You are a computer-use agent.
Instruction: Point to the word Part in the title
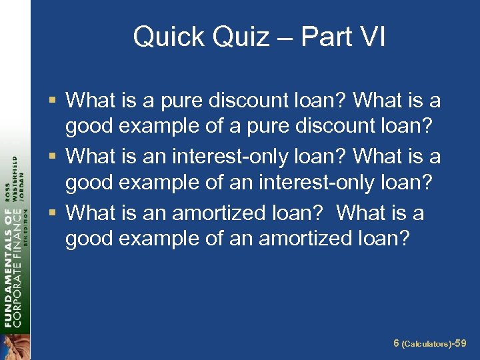tap(325, 37)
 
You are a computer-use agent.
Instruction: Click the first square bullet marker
tap(54, 101)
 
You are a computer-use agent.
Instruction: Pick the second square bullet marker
tap(54, 157)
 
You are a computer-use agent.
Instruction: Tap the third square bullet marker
tap(54, 213)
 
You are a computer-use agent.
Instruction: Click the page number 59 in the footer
tap(461, 343)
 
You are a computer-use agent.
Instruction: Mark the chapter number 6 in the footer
tap(396, 343)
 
